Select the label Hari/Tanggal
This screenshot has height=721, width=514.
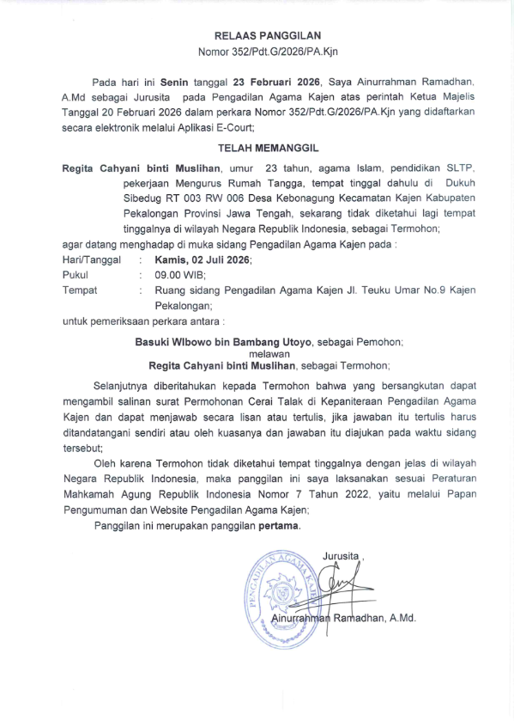92,259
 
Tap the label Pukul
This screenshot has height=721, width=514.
76,274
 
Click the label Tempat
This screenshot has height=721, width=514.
80,290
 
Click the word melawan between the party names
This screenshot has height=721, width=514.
268,352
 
